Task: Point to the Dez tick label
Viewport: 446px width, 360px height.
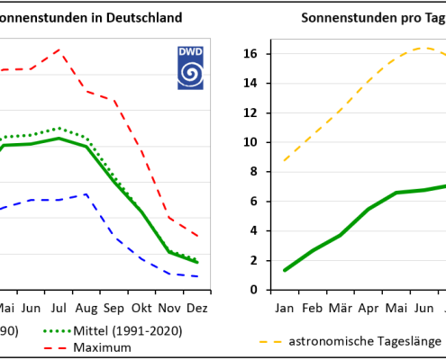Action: tap(197, 307)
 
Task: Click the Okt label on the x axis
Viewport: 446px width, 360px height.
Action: tap(141, 307)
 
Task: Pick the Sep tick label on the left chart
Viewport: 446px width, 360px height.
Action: tap(114, 307)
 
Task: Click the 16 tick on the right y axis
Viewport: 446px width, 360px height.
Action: tap(250, 54)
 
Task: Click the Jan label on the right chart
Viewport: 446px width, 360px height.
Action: tap(285, 307)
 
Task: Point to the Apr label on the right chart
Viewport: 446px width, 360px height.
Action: tap(369, 307)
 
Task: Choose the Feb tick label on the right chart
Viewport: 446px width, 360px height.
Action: tap(313, 307)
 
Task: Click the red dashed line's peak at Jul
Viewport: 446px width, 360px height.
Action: tap(59, 49)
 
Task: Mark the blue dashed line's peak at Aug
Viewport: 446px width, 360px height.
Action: tap(86, 193)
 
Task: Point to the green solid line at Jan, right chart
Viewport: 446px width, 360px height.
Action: tap(285, 270)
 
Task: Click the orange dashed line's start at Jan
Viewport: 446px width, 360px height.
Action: tap(285, 160)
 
